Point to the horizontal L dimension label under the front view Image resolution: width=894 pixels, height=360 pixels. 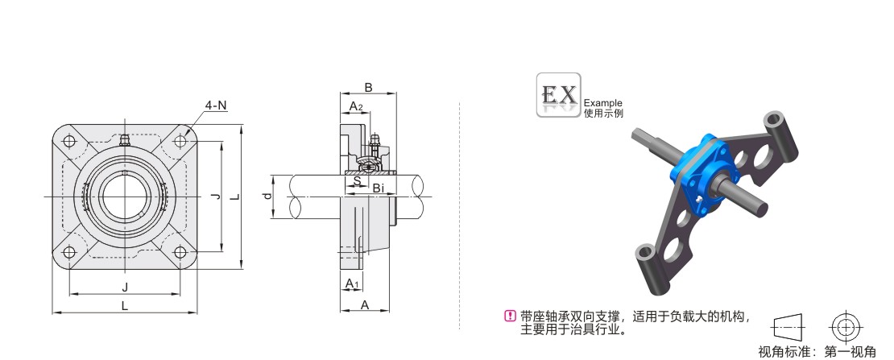(124, 306)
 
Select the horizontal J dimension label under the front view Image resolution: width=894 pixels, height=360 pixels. (124, 288)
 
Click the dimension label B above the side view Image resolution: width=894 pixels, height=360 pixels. (368, 87)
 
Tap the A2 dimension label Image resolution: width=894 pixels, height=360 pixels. (355, 106)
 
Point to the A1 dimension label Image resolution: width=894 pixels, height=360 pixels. (351, 283)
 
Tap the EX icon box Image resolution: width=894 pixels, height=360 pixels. (559, 96)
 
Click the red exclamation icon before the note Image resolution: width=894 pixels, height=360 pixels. (508, 316)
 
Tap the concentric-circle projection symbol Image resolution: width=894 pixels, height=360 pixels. (845, 326)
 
